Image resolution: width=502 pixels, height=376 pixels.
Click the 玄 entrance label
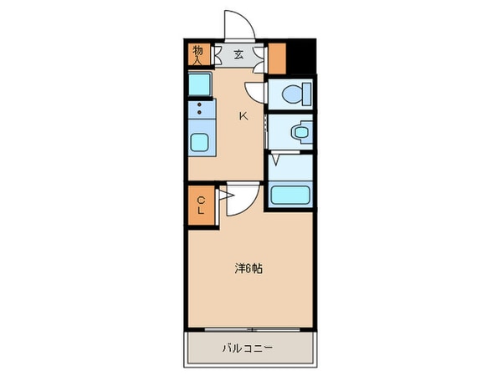pyautogui.click(x=238, y=56)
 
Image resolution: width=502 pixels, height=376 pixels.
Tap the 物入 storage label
pyautogui.click(x=198, y=55)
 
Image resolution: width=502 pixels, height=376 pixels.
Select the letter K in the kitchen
pyautogui.click(x=243, y=116)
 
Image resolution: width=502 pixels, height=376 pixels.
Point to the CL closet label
pyautogui.click(x=201, y=205)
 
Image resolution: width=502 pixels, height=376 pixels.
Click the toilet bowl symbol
pyautogui.click(x=290, y=94)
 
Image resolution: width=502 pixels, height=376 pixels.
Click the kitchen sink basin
pyautogui.click(x=200, y=142)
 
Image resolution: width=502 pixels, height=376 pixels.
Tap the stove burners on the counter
pyautogui.click(x=200, y=109)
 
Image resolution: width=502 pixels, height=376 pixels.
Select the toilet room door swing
pyautogui.click(x=255, y=94)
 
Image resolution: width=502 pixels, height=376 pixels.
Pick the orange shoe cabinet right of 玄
pyautogui.click(x=278, y=56)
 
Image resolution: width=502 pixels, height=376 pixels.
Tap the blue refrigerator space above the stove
pyautogui.click(x=200, y=84)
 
